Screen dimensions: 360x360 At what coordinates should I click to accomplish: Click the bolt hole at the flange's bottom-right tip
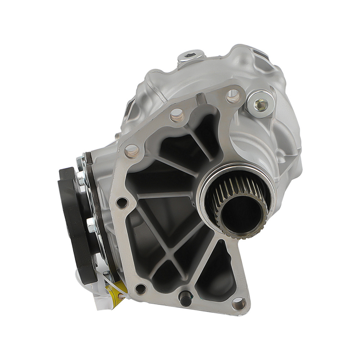tap(238, 305)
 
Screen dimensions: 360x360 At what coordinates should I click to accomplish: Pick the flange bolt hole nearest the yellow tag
tap(140, 288)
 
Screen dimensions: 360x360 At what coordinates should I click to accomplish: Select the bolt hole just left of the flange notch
tap(176, 115)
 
